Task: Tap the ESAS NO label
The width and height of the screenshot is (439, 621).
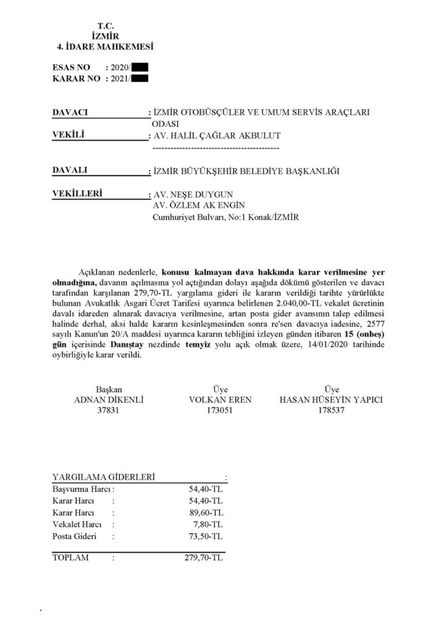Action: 71,68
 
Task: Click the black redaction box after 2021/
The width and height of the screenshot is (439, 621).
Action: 140,78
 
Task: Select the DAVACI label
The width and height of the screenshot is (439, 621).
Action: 71,113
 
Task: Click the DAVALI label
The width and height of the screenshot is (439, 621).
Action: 71,170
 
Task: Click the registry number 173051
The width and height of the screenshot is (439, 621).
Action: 219,411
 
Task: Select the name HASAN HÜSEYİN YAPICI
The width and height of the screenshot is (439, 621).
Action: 331,400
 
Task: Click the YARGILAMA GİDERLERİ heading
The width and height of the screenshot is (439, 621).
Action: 104,477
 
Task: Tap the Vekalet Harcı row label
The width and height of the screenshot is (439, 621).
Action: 77,524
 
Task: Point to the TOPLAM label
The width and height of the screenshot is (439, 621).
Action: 71,557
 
